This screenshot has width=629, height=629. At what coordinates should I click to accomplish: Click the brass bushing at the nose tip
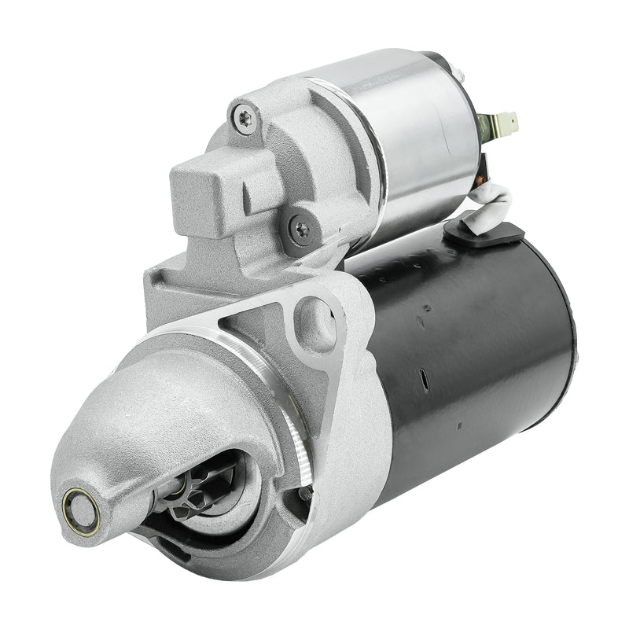81,511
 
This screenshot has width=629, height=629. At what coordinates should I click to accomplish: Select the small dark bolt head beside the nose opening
304,495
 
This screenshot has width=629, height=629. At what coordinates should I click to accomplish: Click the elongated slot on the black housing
424,381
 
